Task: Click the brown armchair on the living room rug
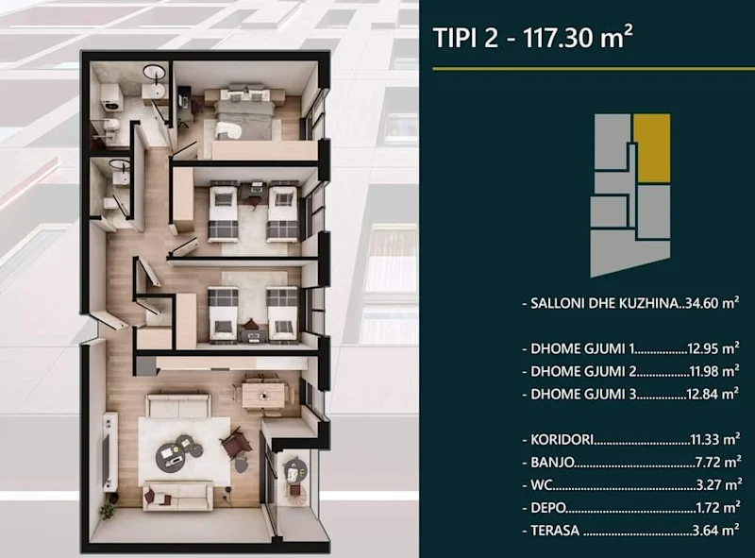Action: point(232,441)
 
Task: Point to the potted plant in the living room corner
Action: point(107,511)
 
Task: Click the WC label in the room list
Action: point(537,486)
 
